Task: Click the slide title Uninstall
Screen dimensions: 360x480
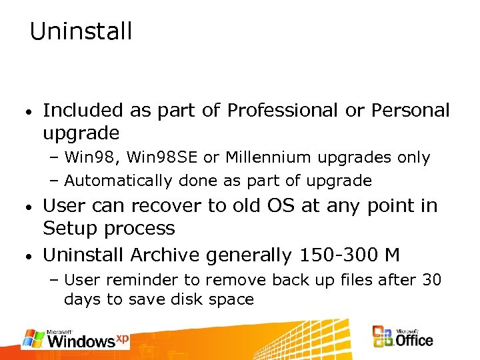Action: click(x=81, y=31)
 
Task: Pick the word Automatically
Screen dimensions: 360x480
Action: click(x=117, y=181)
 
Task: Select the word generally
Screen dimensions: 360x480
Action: click(x=249, y=255)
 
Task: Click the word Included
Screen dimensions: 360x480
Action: click(x=83, y=111)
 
